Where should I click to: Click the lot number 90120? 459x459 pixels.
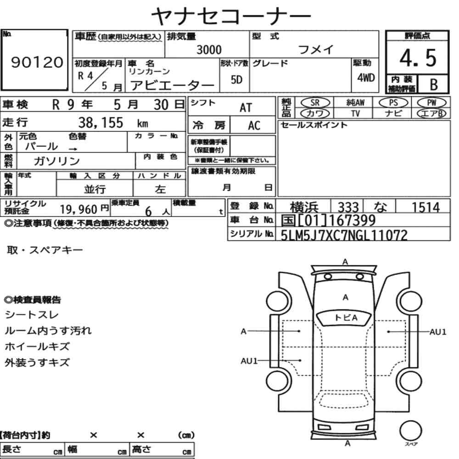point(37,62)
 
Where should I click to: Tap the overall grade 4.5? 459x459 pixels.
point(418,58)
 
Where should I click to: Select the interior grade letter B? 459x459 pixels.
point(434,84)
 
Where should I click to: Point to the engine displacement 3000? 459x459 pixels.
point(209,50)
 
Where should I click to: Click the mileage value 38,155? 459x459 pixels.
point(101,123)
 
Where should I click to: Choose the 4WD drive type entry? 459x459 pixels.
point(366,78)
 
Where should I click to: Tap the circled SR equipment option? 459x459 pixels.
point(315,102)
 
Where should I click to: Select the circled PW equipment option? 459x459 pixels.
point(431,102)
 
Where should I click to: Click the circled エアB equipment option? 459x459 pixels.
point(431,113)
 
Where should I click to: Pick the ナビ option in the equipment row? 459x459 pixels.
point(393,113)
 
